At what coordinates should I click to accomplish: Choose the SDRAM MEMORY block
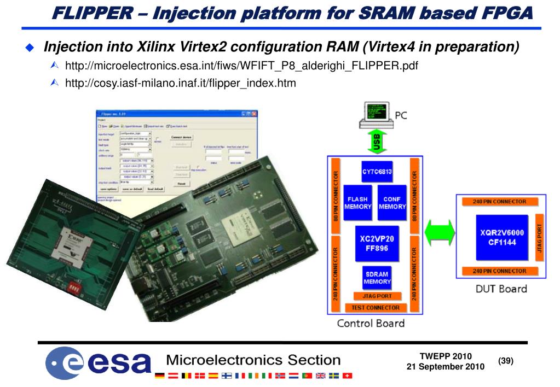377,278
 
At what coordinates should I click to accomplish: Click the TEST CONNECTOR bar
376,307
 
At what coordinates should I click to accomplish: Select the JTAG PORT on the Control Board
377,296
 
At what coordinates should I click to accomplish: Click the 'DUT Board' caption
501,289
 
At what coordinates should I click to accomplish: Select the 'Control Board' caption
371,322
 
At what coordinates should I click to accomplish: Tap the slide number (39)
506,361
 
